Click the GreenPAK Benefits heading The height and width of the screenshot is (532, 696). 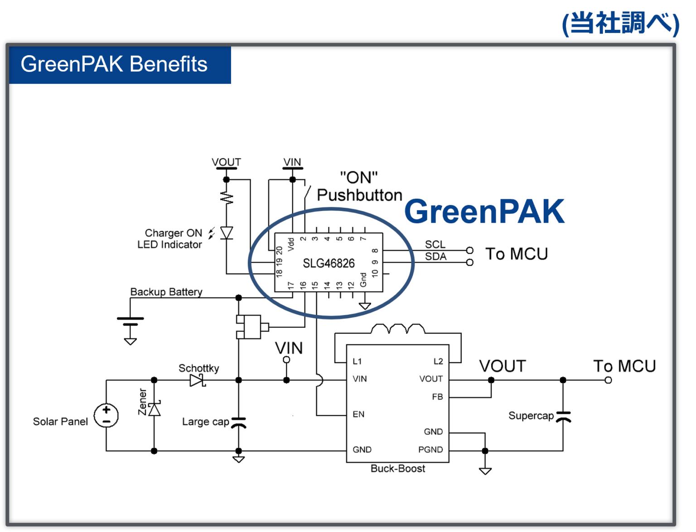tap(114, 64)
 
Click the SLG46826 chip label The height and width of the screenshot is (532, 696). tap(329, 263)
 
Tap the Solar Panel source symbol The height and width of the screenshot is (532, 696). tap(106, 416)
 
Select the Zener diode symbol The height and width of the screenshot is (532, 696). tap(155, 409)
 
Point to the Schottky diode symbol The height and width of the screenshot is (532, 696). tap(198, 380)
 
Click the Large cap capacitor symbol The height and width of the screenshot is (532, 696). tap(238, 423)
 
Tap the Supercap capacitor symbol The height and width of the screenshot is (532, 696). tap(563, 417)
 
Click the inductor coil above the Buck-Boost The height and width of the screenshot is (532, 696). tap(397, 329)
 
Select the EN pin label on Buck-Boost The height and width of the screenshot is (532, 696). tap(358, 414)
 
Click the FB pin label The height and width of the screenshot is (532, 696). tap(437, 397)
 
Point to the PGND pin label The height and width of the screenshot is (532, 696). tap(430, 450)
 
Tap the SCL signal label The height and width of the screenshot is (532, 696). tap(435, 244)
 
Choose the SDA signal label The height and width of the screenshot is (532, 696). tap(435, 257)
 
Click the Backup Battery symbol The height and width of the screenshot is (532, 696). tap(130, 321)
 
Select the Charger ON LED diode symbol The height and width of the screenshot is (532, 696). tap(227, 233)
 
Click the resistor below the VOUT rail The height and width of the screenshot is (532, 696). tap(227, 197)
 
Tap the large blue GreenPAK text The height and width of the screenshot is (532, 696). tap(484, 211)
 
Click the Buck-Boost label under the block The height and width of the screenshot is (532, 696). tap(398, 469)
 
